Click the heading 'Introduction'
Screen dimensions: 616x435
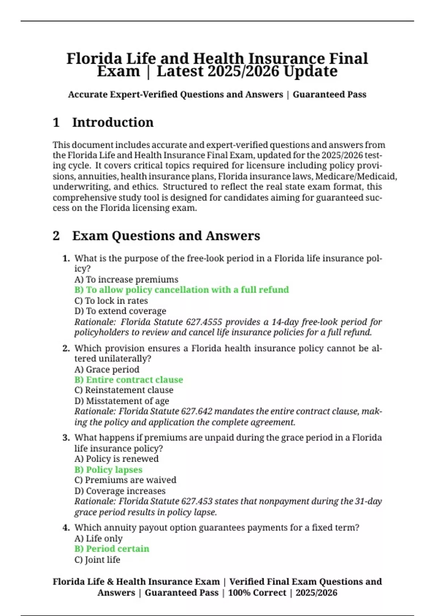point(113,122)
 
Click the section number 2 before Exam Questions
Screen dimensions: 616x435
point(56,236)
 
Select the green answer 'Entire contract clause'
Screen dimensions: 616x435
point(129,380)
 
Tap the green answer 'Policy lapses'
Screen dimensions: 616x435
point(108,470)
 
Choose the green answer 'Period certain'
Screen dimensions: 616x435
point(112,549)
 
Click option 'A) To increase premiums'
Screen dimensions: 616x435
point(126,279)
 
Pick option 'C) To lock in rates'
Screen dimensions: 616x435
point(111,301)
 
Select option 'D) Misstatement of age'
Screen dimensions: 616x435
point(121,401)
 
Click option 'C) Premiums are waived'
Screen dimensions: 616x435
point(125,480)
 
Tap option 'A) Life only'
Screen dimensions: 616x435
point(98,538)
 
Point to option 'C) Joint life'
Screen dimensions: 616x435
point(97,559)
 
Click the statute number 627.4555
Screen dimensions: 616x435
point(204,322)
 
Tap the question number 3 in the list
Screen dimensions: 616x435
point(66,438)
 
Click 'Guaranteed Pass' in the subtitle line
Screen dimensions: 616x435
point(329,95)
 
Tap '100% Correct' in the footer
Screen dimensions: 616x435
point(257,593)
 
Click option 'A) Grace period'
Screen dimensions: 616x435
point(107,369)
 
